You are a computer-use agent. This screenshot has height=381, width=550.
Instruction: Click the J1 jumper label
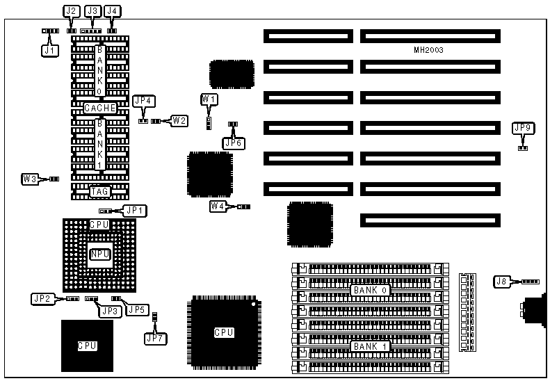pos(49,50)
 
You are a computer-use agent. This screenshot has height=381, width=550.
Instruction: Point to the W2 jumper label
pos(179,120)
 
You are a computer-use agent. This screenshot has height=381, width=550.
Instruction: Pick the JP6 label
pos(233,143)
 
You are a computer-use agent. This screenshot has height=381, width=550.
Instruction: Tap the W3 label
pos(30,179)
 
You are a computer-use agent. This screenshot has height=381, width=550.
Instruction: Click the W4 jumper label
pos(218,206)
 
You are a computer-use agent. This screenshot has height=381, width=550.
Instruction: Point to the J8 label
pos(502,282)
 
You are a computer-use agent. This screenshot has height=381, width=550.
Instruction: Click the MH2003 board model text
pos(428,50)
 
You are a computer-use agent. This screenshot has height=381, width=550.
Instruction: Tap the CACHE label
pos(99,108)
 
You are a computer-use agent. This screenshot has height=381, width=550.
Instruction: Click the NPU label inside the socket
pos(99,254)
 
